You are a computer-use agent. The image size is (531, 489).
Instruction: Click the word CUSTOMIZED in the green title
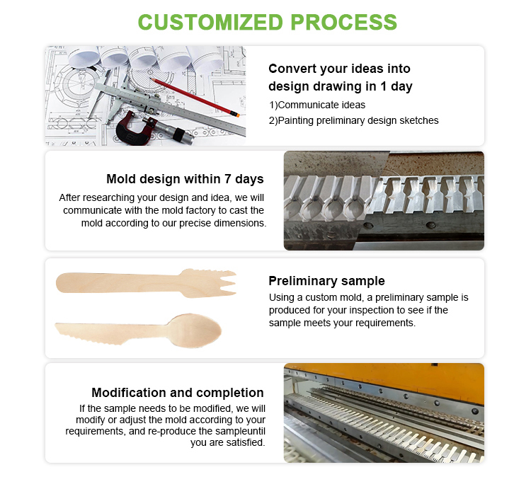tap(210, 23)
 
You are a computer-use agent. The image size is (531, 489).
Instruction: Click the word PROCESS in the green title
tap(343, 23)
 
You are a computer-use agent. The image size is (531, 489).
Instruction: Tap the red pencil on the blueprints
tap(195, 98)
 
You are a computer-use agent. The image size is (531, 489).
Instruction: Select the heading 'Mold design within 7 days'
tap(185, 179)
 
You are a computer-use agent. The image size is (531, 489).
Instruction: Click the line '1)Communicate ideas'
tap(317, 105)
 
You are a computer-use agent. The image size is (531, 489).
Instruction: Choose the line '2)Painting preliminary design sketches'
tap(353, 120)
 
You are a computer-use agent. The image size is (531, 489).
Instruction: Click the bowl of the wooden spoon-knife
tap(195, 330)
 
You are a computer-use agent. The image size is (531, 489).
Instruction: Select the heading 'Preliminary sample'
tap(327, 281)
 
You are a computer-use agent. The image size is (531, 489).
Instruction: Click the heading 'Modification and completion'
tap(178, 393)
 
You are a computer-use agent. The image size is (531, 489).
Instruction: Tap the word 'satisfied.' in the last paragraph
tap(244, 442)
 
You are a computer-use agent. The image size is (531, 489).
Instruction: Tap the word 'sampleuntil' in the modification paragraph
tap(241, 431)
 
